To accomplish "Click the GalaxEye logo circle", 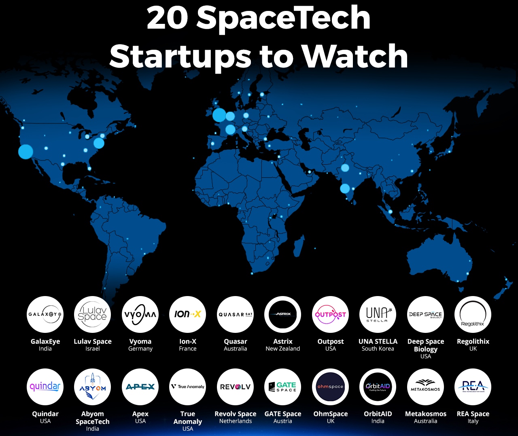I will (45, 314).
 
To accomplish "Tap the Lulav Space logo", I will (93, 314).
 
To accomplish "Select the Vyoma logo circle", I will (140, 314).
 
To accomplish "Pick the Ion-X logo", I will (188, 314).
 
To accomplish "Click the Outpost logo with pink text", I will (331, 314).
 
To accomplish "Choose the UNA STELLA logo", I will (378, 314).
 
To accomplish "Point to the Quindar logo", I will (45, 387).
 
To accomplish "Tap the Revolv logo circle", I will (236, 387).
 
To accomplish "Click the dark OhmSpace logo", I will (331, 387).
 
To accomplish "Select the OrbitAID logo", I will (378, 387).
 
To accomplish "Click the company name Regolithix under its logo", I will (473, 341).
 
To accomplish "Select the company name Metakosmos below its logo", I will (426, 414).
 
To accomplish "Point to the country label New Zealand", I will (283, 349).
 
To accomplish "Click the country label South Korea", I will (378, 349).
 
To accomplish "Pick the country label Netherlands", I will (236, 421).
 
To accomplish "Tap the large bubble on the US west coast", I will (25, 152).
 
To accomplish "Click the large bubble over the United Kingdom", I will (219, 115).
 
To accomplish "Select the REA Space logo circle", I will (473, 387).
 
